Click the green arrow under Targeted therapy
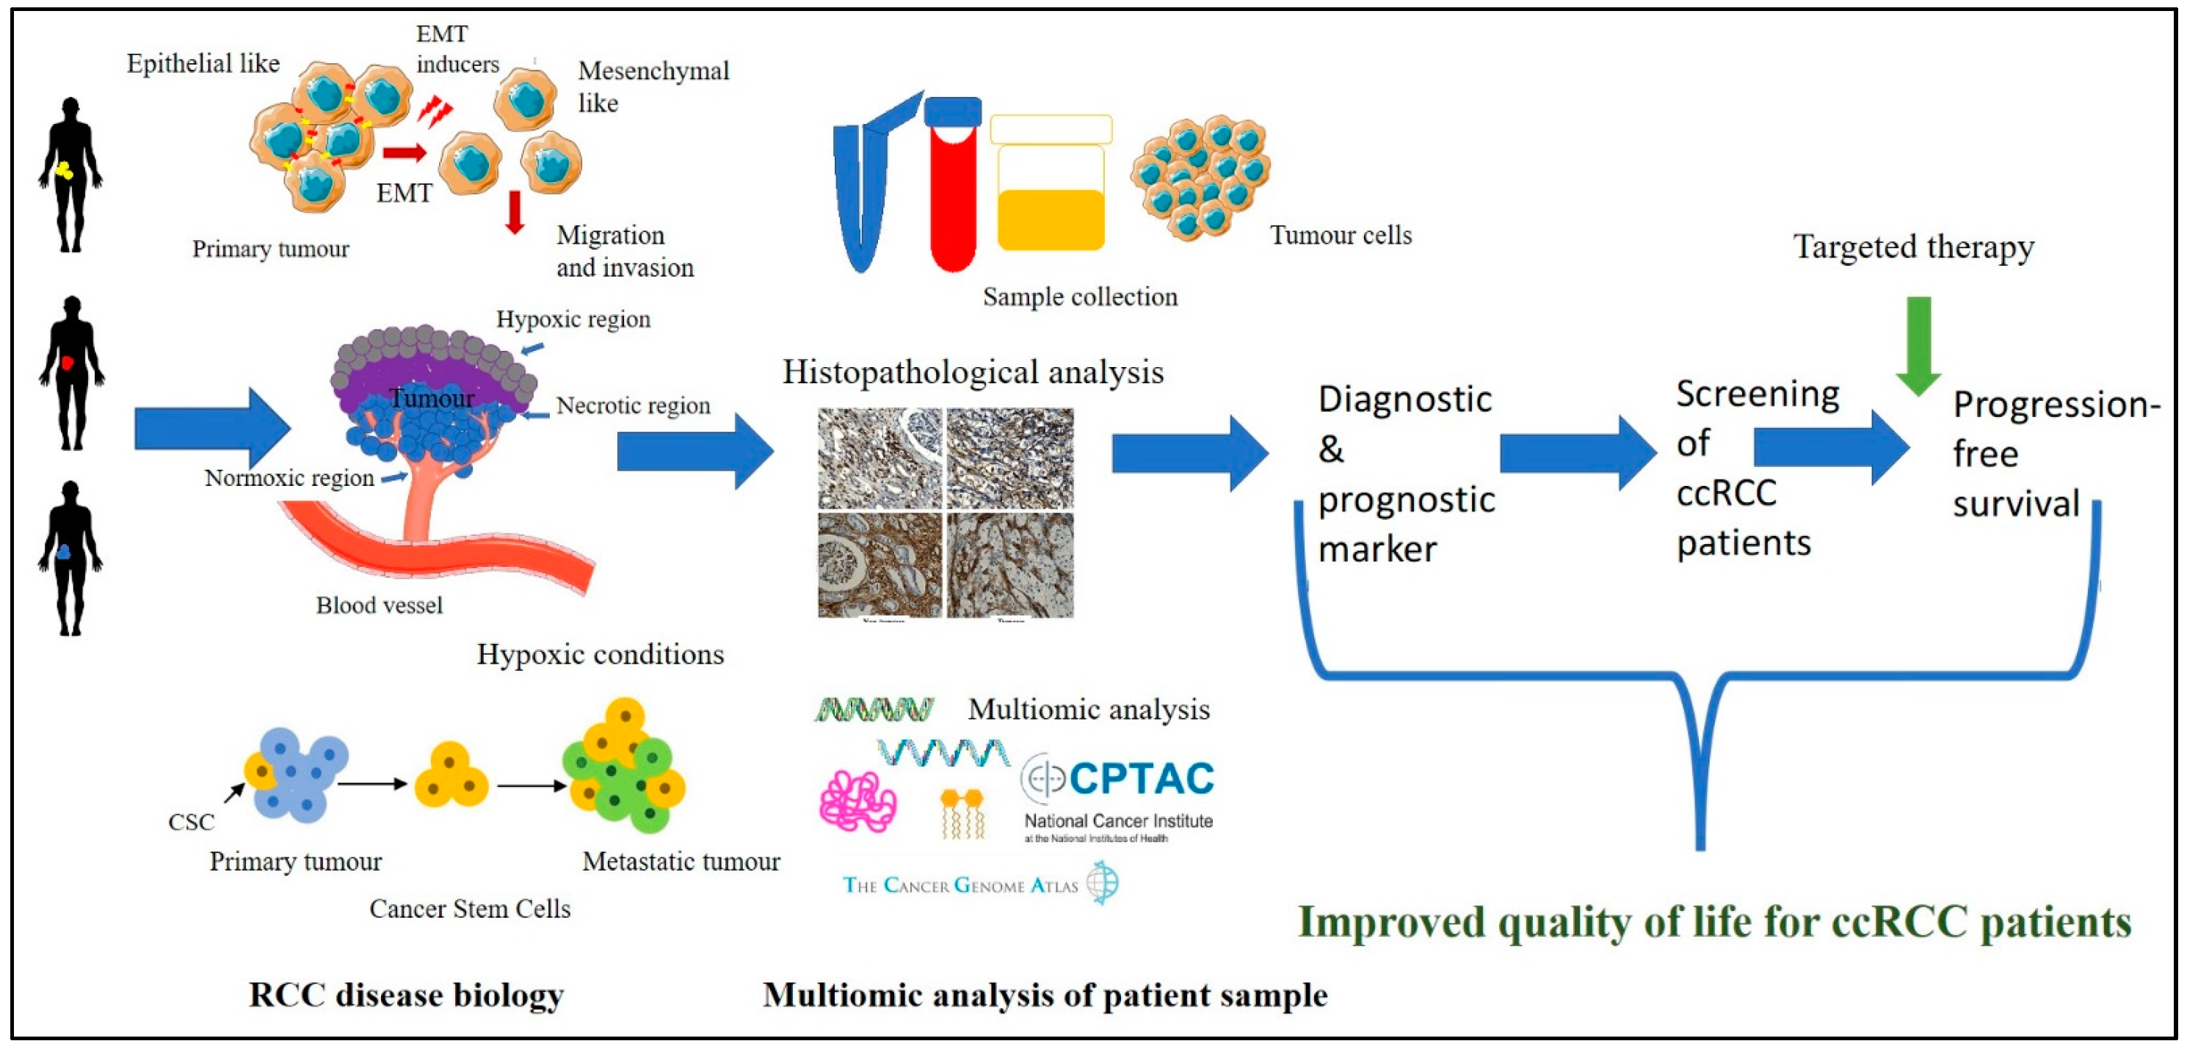(1918, 344)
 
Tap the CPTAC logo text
(1140, 779)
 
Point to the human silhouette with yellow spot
(70, 174)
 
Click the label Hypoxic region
(573, 319)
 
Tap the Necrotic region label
(634, 406)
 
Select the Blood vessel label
(380, 606)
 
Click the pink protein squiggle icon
(857, 802)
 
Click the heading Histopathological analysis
(973, 372)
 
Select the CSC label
(191, 822)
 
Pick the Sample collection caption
(1080, 297)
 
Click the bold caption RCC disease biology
(406, 994)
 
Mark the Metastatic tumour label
(681, 861)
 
